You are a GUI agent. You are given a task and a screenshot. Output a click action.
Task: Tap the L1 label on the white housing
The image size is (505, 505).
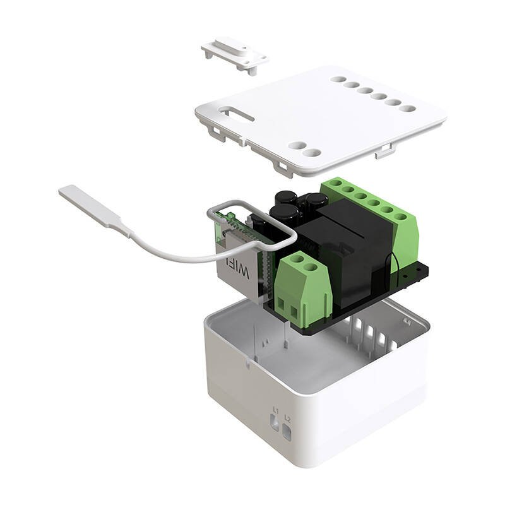(x=275, y=410)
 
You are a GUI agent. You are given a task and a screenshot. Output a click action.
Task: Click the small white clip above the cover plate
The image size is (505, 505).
(x=234, y=55)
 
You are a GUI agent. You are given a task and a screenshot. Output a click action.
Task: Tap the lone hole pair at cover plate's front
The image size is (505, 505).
(x=302, y=148)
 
